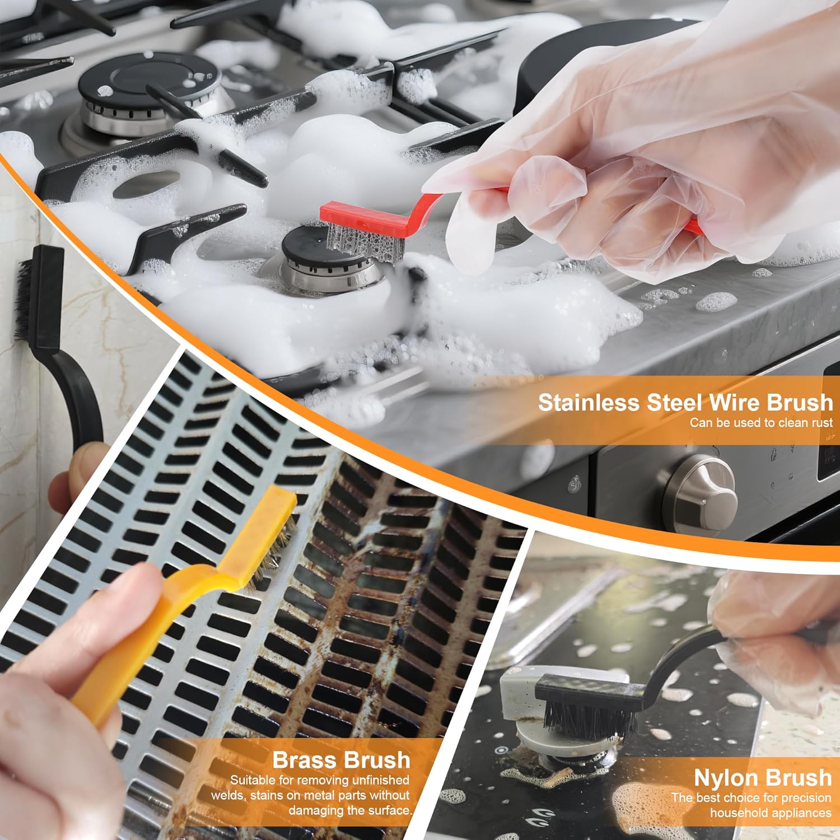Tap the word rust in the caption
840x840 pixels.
tap(822, 423)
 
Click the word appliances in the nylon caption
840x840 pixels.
tap(804, 813)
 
